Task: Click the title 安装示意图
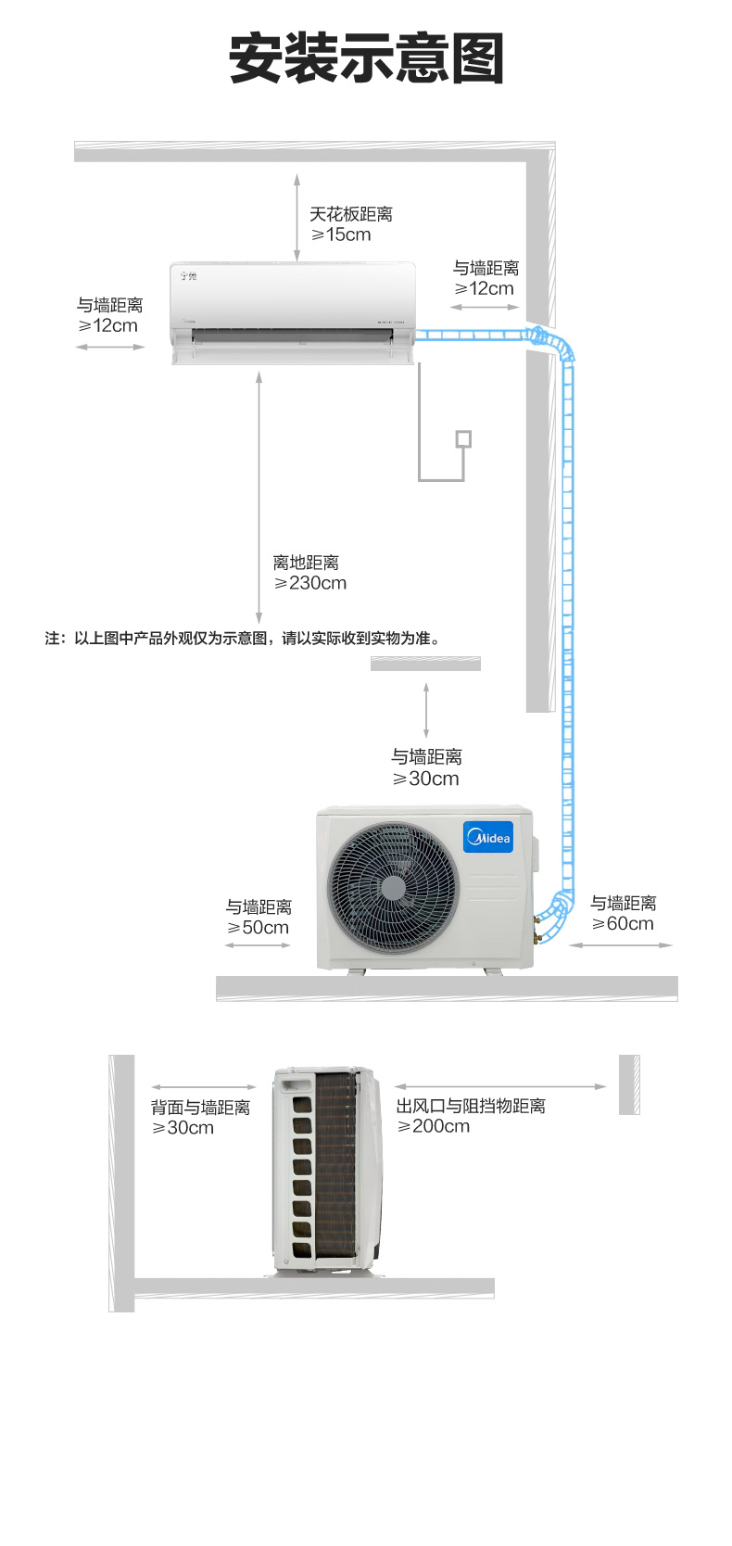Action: [x=366, y=59]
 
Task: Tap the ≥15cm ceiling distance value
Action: [x=341, y=234]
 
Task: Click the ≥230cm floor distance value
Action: [x=310, y=583]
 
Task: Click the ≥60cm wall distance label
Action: [x=623, y=924]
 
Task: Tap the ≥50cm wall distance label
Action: [x=259, y=928]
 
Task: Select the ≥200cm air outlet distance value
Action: [x=434, y=1126]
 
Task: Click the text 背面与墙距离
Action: [x=200, y=1107]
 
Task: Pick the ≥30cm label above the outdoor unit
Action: [x=426, y=779]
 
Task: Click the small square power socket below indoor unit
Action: [x=463, y=439]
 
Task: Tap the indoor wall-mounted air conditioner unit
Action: [x=294, y=312]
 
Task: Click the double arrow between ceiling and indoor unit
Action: [x=297, y=217]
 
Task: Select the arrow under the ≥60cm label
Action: [x=621, y=945]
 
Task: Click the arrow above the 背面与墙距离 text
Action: [x=204, y=1087]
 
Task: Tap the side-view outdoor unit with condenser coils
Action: [x=327, y=1172]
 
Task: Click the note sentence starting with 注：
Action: [x=242, y=639]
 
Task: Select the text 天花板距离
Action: [x=351, y=214]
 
